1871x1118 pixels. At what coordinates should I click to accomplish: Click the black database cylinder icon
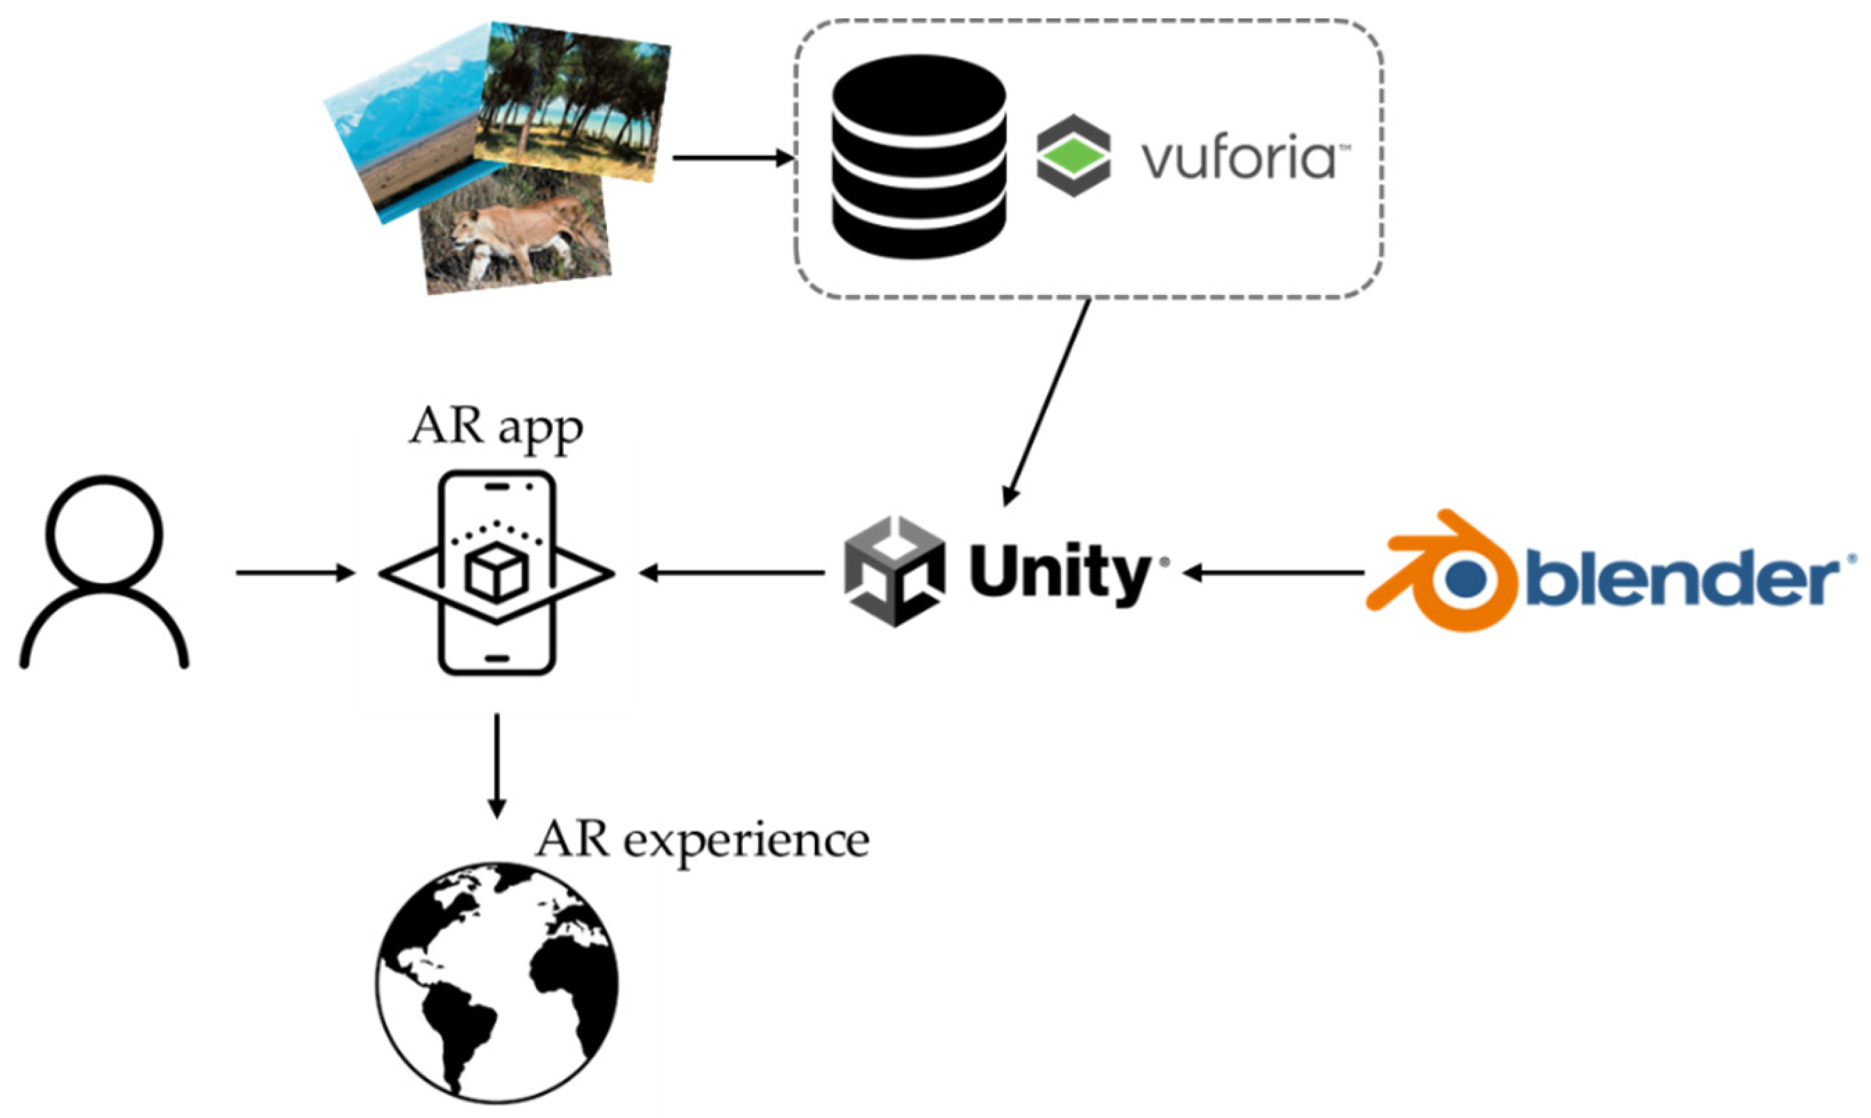point(918,157)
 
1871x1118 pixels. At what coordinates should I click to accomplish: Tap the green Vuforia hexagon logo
point(1073,156)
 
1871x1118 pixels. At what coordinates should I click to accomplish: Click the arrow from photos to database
point(732,158)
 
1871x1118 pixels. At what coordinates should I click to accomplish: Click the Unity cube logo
point(894,571)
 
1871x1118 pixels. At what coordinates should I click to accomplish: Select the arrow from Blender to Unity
point(1273,574)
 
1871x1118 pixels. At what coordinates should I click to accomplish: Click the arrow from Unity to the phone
point(731,574)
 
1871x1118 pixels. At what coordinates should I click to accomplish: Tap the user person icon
point(104,573)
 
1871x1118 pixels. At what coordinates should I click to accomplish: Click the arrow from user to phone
point(294,574)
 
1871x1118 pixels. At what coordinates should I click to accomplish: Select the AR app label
point(496,428)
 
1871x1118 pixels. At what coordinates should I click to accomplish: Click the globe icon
point(497,983)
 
